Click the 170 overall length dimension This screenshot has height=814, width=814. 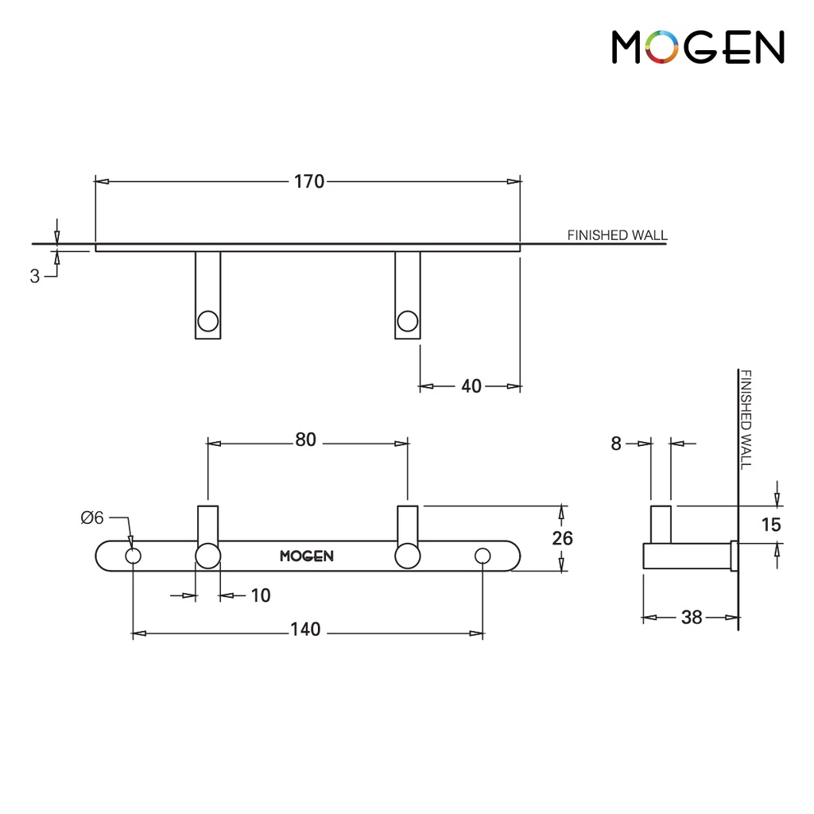(x=309, y=182)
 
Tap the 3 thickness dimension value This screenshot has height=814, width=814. (x=35, y=276)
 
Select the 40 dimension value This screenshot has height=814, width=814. (x=471, y=386)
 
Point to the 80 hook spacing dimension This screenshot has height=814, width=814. (x=306, y=440)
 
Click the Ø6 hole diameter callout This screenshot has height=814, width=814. (x=92, y=517)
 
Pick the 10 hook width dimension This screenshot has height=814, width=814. (x=261, y=595)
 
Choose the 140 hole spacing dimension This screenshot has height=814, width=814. (x=305, y=630)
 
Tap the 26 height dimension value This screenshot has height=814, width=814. (x=562, y=538)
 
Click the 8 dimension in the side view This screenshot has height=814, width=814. (x=616, y=444)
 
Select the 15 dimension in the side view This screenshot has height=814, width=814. (x=771, y=525)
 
